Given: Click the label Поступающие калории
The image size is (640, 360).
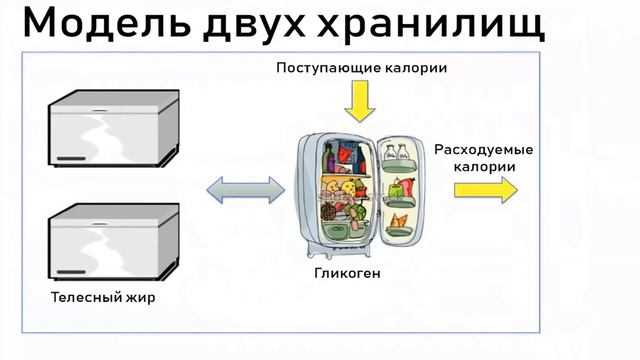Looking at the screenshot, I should (x=361, y=67).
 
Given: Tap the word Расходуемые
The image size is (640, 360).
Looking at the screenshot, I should (x=484, y=150).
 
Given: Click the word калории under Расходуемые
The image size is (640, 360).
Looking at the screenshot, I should (x=484, y=167).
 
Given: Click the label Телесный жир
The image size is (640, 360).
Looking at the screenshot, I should (x=104, y=297).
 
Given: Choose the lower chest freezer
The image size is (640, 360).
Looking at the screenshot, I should (x=111, y=242).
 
